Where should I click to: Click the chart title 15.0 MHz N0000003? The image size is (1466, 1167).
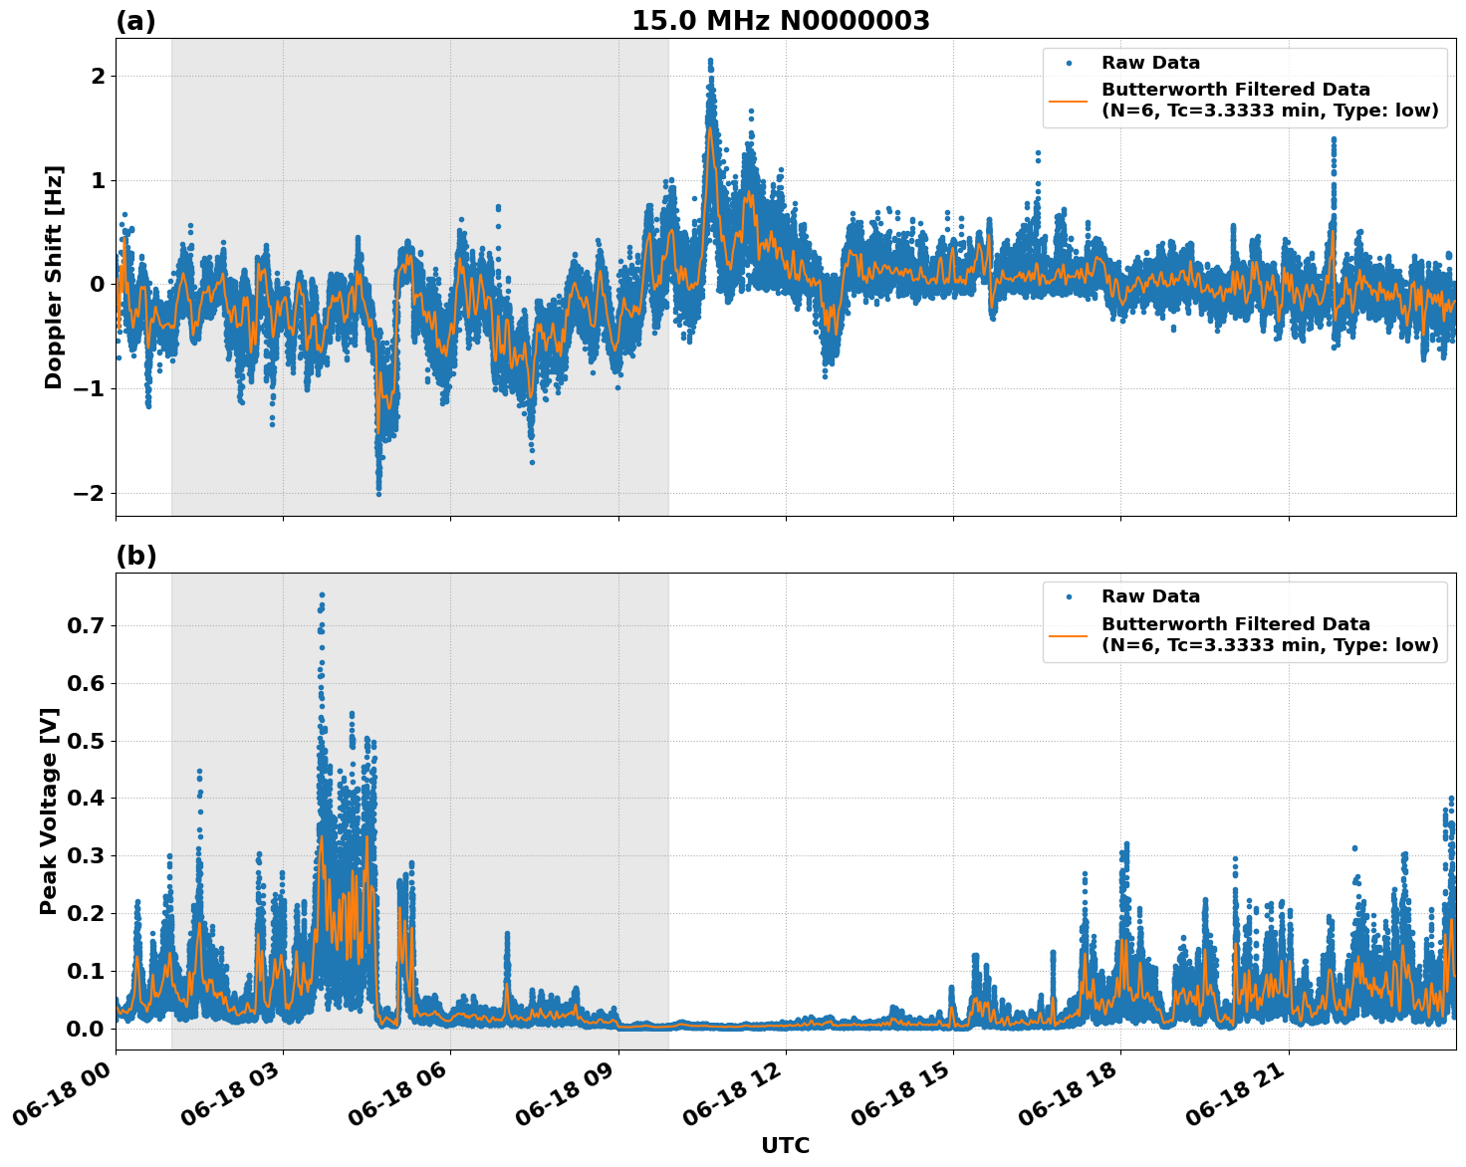click(780, 21)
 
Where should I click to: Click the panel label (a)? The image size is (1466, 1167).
click(135, 21)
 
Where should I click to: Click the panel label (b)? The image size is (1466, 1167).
click(135, 556)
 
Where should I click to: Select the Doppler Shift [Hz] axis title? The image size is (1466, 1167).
click(54, 277)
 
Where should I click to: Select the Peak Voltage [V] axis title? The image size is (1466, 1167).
click(49, 811)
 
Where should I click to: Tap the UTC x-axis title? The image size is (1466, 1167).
click(785, 1145)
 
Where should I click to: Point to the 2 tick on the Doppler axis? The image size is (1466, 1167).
click(98, 77)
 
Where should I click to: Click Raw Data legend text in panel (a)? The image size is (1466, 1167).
click(1150, 63)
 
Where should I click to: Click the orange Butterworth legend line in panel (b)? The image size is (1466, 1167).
click(1070, 634)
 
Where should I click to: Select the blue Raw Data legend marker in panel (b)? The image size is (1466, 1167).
click(1070, 596)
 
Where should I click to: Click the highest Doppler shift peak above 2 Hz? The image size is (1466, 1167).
click(710, 61)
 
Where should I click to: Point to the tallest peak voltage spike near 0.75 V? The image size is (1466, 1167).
click(322, 595)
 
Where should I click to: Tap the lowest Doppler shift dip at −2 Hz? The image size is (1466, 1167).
click(378, 493)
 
